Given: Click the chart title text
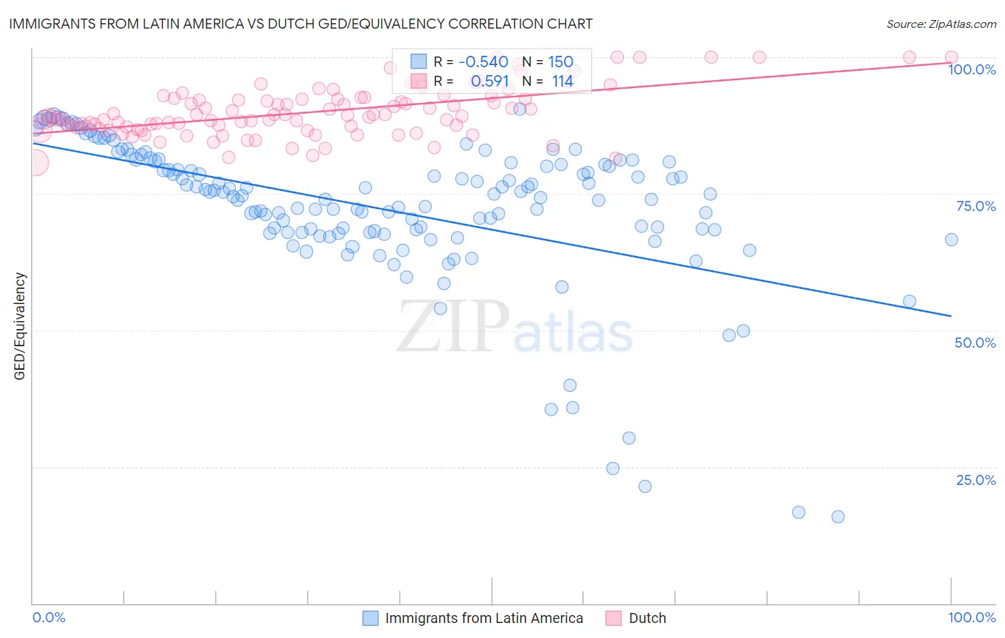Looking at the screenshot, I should click(299, 24).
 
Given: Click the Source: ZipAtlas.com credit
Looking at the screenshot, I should click(941, 24).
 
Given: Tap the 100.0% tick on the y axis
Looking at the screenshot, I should click(971, 69).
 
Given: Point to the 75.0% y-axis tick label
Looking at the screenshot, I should click(976, 206).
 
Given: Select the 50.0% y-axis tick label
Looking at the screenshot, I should click(975, 343).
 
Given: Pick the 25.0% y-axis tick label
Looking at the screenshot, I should click(976, 480).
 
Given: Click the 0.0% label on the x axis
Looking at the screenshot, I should click(49, 617).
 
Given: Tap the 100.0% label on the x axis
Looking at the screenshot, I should click(971, 617).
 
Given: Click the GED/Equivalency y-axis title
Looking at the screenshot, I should click(20, 326).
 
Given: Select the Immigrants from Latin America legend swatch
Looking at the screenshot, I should click(370, 618).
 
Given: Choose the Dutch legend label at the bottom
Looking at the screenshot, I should click(647, 618).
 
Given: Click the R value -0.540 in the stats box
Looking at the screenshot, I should click(483, 62).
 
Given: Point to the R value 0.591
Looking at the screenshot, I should click(490, 81).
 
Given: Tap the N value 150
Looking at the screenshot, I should click(560, 62).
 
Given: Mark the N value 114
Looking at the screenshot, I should click(563, 81).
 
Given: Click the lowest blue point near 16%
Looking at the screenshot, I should click(838, 516).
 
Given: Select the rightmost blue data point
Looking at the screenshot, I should click(951, 240).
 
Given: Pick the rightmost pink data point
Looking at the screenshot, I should click(951, 57).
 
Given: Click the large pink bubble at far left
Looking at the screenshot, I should click(34, 163).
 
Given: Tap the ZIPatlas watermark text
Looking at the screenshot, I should click(515, 327).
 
